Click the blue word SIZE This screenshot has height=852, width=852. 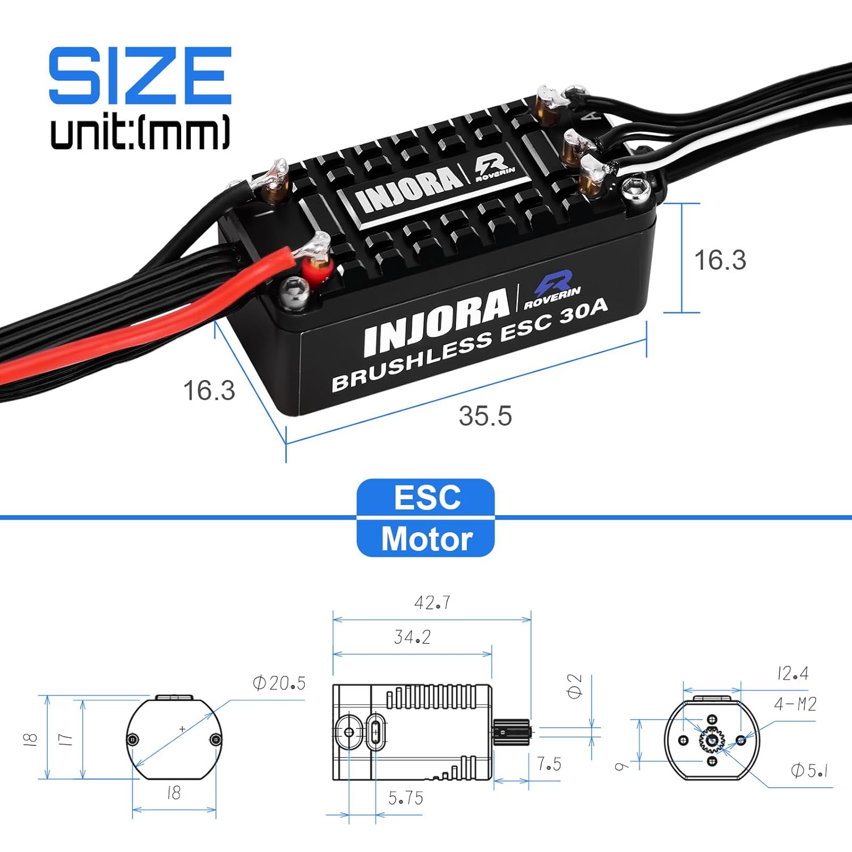point(140,76)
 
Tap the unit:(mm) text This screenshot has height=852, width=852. point(140,132)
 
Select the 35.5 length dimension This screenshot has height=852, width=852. point(485,416)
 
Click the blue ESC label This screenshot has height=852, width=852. point(427,498)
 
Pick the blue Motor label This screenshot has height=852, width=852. point(427,538)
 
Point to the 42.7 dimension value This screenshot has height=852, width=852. point(432,602)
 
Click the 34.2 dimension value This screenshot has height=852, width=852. point(412,637)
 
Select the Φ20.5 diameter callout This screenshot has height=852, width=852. point(279,683)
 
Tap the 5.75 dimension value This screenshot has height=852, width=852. point(406,798)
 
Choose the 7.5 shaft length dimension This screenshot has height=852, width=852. point(549,764)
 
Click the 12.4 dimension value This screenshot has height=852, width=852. point(793,674)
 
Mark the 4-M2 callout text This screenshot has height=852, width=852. point(795,704)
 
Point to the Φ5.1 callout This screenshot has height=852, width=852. point(809,771)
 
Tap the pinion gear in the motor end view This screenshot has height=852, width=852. point(712,740)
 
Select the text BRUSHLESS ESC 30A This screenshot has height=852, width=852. point(469,345)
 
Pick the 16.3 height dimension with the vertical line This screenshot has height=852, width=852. point(720,260)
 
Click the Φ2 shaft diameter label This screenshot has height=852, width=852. point(575,686)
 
